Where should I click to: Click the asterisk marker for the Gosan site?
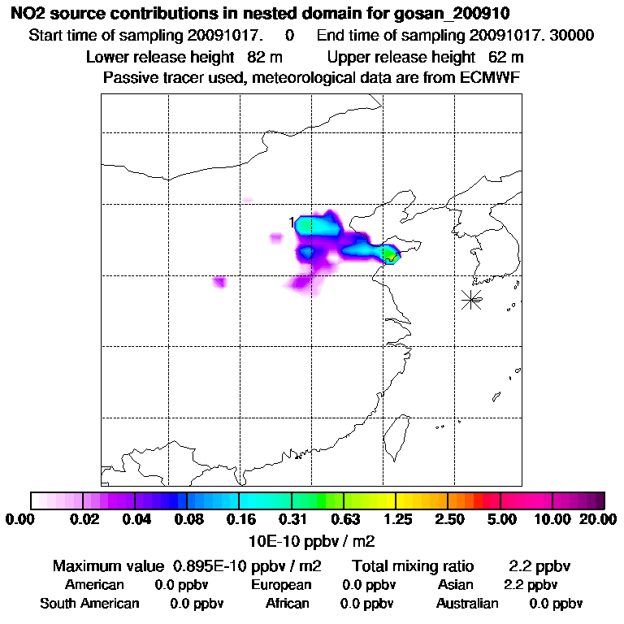[471, 299]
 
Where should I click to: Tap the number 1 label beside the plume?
[291, 222]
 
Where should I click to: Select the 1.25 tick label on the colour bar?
[396, 519]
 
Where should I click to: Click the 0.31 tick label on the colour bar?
[292, 519]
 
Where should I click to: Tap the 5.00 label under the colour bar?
[500, 519]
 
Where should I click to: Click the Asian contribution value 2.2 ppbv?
[530, 585]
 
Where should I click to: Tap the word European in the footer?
[281, 585]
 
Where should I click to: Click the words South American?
[89, 604]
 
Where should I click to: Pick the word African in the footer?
[287, 604]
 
